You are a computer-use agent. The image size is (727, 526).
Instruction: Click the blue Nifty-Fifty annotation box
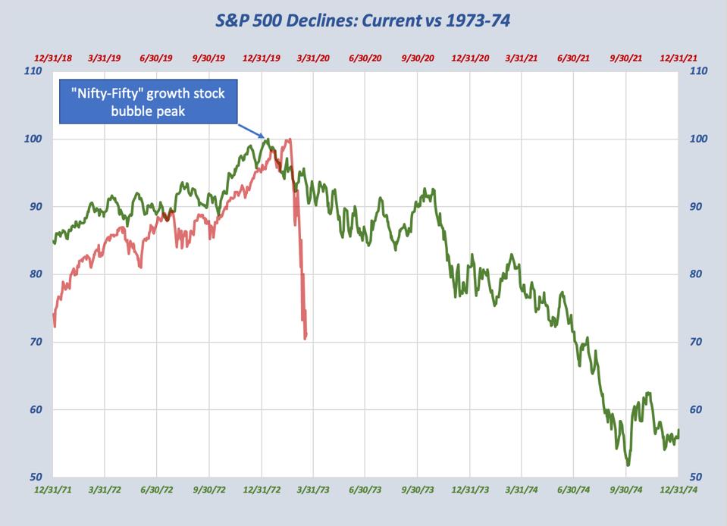[149, 103]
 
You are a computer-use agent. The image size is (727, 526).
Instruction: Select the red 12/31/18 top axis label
[53, 58]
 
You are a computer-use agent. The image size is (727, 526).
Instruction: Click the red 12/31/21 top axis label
[680, 58]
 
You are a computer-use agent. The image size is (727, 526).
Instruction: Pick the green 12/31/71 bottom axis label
[54, 489]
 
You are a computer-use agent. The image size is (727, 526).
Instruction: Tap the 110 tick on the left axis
[33, 71]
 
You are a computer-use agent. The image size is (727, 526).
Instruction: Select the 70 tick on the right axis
[697, 342]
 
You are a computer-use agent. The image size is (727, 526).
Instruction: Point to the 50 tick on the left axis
[33, 477]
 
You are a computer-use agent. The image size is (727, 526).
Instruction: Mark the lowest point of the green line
[628, 465]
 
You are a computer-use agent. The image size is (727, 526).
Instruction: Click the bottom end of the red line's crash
[306, 338]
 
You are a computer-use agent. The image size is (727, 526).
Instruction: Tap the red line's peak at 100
[288, 139]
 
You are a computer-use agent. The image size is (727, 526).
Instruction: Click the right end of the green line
[678, 430]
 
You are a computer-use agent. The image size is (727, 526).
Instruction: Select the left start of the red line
[54, 314]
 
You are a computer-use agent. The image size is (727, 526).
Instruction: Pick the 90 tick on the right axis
[697, 206]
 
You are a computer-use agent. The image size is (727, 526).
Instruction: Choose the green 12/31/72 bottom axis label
[262, 489]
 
